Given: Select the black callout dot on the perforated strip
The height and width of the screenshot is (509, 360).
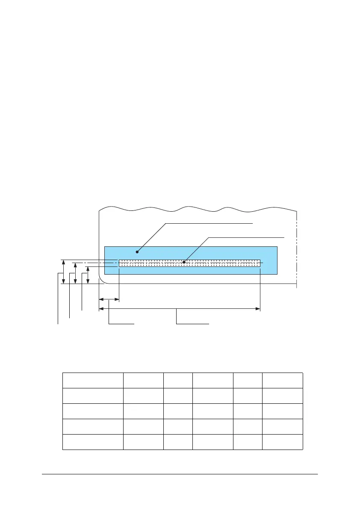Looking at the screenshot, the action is point(184,262).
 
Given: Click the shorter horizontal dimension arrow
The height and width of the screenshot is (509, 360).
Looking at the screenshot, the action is point(109,300).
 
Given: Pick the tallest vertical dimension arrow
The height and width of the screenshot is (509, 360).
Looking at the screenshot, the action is point(63,271).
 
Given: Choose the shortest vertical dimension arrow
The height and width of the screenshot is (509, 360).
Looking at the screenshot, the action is point(88,275).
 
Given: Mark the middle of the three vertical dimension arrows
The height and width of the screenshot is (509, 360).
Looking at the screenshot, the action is point(75,273).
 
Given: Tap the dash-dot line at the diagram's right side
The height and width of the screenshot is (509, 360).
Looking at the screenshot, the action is point(296,248).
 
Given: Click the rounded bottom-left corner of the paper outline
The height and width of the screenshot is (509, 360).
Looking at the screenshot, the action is point(101,281).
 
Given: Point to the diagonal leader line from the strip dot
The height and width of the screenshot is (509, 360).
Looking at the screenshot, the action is point(197,249).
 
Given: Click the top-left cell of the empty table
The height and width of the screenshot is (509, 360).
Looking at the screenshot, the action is point(93,380).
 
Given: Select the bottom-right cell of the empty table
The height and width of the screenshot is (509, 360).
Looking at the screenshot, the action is point(283,442).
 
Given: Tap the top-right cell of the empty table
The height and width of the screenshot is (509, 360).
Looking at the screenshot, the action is point(283,380).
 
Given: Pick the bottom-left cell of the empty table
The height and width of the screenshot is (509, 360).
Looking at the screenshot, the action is point(93,442).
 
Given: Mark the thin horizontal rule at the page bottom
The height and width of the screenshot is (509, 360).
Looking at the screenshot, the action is point(180,473).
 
